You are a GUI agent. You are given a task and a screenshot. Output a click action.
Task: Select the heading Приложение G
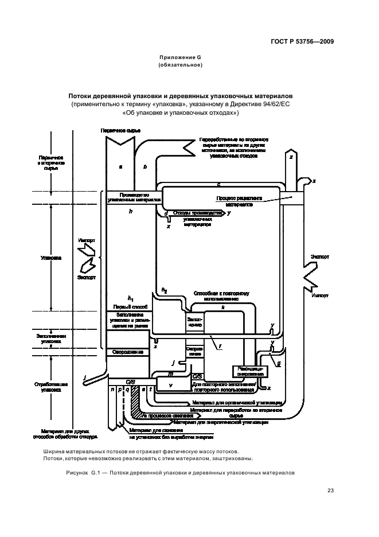coord(180,58)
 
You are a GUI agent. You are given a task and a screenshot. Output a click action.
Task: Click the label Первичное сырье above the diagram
coord(120,131)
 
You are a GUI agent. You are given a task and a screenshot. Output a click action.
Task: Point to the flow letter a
coord(120,166)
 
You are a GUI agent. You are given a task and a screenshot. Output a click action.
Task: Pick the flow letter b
coord(145,166)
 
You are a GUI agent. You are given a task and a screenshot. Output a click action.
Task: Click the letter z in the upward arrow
coord(291,157)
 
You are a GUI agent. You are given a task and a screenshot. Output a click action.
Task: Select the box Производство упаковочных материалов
coord(134,197)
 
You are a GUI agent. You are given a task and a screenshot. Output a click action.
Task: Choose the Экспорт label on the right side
coord(319,258)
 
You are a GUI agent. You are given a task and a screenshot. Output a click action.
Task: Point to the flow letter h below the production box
coord(131,212)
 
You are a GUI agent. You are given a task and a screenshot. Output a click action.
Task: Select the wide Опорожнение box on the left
coord(128,351)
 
